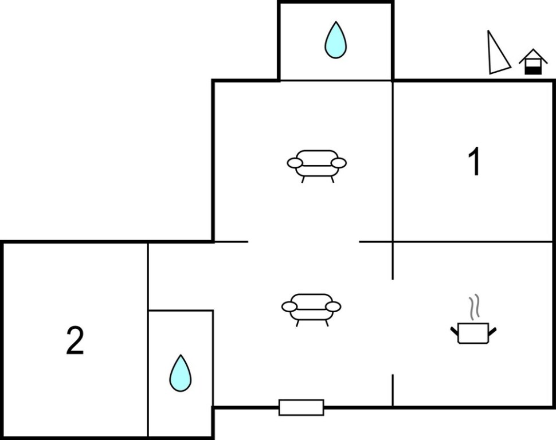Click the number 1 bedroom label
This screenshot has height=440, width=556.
click(475, 162)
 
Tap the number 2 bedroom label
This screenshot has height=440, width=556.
click(75, 341)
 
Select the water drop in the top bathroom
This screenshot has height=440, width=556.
click(335, 40)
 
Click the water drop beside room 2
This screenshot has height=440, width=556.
click(180, 373)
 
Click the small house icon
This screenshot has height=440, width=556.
click(533, 62)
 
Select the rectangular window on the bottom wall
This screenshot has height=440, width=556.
click(301, 407)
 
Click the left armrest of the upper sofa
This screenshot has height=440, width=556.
click(295, 163)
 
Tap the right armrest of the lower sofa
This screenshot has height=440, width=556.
click(334, 307)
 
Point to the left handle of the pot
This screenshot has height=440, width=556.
click(454, 331)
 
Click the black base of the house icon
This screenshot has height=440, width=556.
click(533, 70)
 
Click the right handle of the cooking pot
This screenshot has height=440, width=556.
click(492, 332)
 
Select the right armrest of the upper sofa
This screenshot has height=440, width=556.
click(339, 163)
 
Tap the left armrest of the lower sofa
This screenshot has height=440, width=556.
click(289, 307)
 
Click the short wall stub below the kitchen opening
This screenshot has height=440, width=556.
click(393, 390)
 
